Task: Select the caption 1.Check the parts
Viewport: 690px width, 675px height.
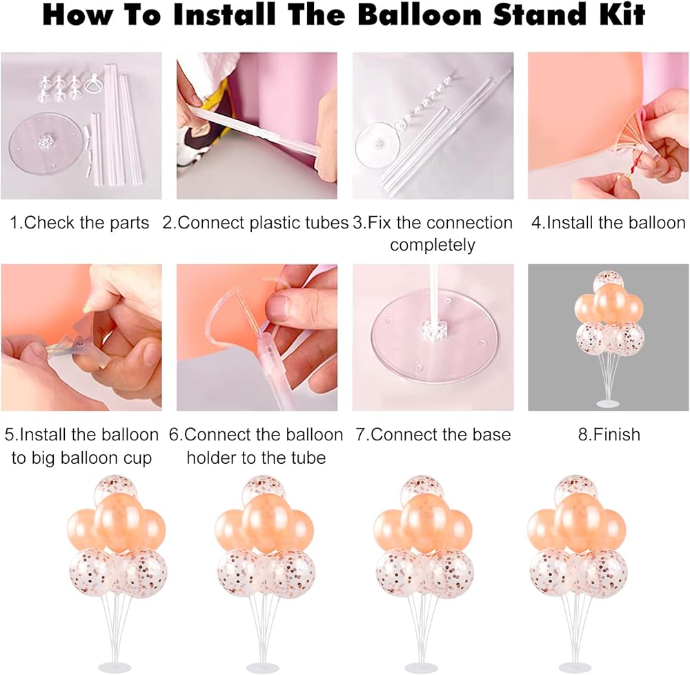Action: point(79,223)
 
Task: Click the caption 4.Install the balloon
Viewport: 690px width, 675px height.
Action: point(609,223)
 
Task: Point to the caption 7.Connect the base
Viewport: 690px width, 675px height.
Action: point(433,435)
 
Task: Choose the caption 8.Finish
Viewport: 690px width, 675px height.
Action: point(609,435)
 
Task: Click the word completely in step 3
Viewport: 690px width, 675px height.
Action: point(433,245)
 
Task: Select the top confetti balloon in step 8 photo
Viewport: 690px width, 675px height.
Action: point(609,280)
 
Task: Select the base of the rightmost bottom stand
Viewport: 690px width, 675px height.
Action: point(578,667)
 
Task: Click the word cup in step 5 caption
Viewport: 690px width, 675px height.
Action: point(137,458)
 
